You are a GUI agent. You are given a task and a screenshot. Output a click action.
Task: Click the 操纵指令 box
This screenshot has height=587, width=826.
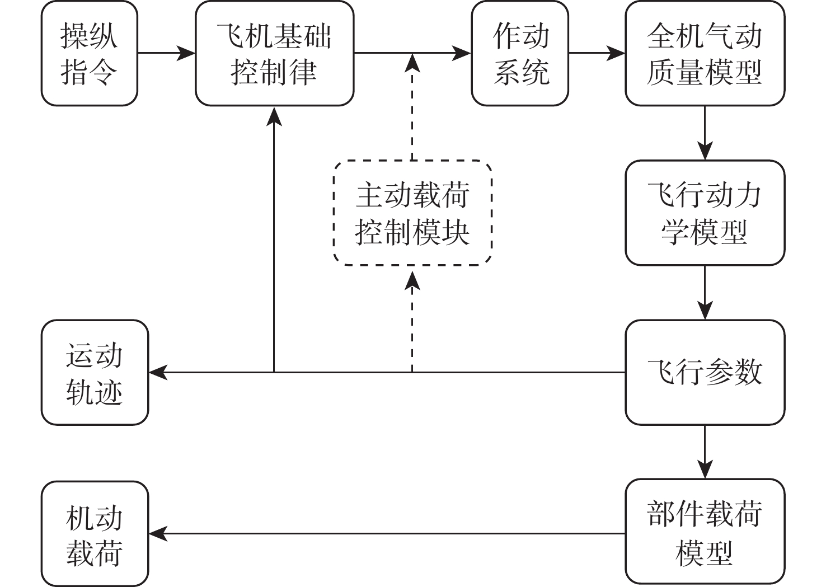point(90,54)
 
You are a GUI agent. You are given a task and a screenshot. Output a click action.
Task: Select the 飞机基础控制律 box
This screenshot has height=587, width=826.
point(274,54)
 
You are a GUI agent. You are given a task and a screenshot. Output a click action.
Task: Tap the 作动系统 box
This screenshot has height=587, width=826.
point(520,54)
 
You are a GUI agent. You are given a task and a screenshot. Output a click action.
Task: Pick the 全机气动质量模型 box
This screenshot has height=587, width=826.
point(705,54)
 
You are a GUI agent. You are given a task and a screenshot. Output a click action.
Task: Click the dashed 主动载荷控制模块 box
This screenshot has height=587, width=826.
point(412,213)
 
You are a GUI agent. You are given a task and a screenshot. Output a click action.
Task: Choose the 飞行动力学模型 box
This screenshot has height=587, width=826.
point(705,213)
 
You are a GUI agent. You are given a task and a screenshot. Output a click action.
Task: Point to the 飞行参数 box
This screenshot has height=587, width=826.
point(705,372)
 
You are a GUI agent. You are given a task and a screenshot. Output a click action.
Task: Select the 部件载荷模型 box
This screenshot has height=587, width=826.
point(705,532)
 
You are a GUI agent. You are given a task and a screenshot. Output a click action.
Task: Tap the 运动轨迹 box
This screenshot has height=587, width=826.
point(95,372)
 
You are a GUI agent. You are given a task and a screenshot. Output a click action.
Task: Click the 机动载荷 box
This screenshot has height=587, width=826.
point(95,533)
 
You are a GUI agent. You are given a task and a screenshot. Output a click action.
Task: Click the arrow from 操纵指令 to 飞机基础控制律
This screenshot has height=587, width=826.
point(166,54)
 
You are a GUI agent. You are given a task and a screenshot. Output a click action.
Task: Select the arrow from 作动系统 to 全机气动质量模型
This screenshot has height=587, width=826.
point(597,54)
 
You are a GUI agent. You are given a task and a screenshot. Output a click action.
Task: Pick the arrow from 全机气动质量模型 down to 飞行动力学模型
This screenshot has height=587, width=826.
point(705,133)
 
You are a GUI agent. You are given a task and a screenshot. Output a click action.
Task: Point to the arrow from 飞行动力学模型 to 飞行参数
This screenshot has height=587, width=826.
point(705,292)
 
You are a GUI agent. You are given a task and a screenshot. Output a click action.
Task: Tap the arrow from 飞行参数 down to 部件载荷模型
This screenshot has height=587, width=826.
point(705,452)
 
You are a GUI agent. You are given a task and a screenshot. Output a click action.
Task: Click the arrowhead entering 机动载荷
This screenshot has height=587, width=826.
point(158,533)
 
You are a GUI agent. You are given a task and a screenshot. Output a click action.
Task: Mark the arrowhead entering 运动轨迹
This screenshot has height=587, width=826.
point(158,372)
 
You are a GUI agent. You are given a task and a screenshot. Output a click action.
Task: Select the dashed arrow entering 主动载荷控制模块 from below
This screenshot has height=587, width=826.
point(412,319)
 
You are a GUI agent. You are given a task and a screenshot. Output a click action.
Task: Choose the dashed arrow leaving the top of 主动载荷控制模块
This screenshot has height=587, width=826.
point(412,106)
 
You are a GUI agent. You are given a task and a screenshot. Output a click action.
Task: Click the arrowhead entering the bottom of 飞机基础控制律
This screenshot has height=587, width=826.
point(274,115)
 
